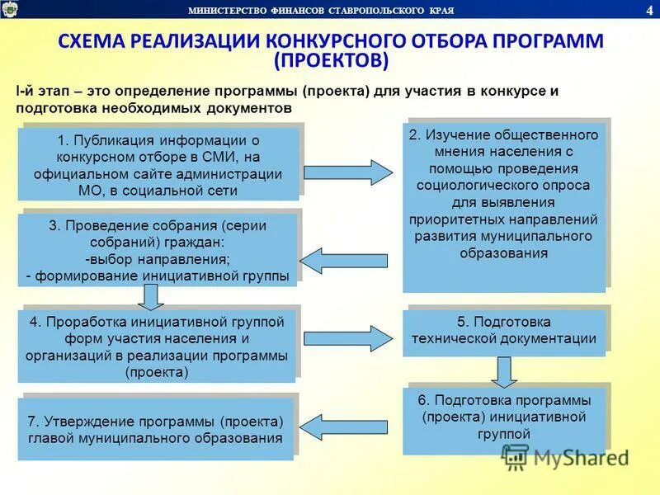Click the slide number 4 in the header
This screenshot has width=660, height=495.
[x=648, y=9]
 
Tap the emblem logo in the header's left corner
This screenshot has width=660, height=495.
[x=10, y=9]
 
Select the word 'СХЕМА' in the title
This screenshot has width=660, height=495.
[x=97, y=41]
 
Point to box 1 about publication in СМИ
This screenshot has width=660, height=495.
[x=158, y=163]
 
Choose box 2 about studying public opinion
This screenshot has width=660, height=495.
[x=504, y=207]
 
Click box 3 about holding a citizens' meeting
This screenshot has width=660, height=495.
[x=158, y=249]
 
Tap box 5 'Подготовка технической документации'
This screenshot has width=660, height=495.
[x=504, y=330]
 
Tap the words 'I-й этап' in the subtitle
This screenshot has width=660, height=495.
[x=40, y=91]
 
